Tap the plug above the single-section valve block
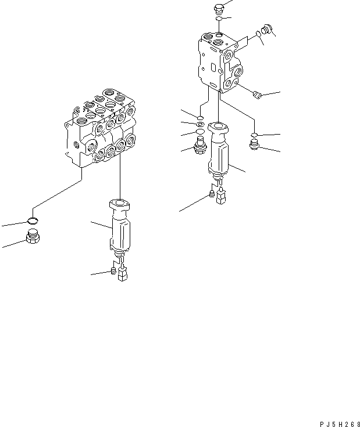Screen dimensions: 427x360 click(x=219, y=8)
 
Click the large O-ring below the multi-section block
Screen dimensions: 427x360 click(x=34, y=220)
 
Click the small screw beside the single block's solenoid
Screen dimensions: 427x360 click(x=212, y=193)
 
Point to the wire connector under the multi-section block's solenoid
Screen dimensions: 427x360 click(x=122, y=274)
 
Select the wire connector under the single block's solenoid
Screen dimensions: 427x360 click(x=220, y=198)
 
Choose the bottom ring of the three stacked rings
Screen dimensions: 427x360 click(x=201, y=132)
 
